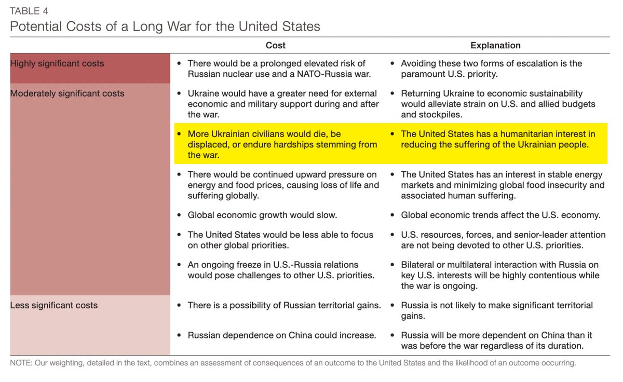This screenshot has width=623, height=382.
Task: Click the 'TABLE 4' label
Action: pos(29,10)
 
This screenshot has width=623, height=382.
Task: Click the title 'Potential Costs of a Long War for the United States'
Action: pos(165,26)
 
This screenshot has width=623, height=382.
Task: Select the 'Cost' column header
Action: pos(275,46)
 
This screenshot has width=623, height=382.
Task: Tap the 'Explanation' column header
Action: pos(495,46)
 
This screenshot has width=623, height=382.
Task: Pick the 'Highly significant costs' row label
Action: pos(57,63)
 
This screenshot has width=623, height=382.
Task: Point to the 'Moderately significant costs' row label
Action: pos(67,93)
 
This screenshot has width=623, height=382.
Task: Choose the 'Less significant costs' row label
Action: pos(54,305)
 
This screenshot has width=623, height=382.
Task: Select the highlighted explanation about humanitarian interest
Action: pos(497,139)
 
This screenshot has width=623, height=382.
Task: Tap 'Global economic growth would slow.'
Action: pos(262,215)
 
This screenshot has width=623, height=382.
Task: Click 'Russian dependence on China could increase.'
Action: pos(281,335)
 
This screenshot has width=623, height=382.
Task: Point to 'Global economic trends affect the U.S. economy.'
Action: pos(500,215)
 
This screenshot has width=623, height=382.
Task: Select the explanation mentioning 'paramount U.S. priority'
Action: pos(491,69)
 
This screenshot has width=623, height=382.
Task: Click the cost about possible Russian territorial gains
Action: pos(284,305)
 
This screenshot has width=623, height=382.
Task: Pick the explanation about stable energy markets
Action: pos(502,185)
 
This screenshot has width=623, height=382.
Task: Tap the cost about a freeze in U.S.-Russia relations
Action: pos(280,270)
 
